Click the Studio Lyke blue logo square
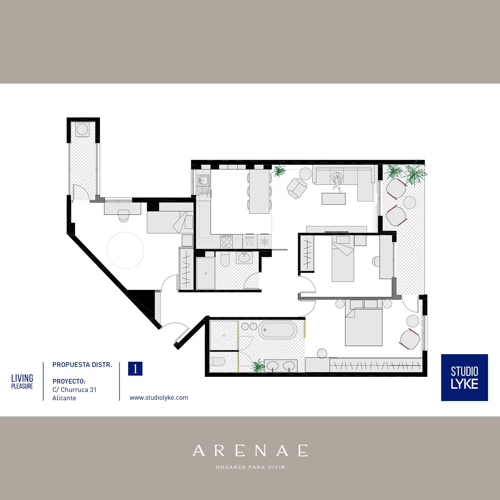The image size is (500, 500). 464,377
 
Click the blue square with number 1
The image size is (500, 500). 135,369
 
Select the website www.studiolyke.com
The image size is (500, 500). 159,398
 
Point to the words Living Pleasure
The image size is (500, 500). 22,382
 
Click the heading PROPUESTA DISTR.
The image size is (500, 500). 82,365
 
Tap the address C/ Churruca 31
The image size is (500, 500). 74,390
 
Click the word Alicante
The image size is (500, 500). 64,398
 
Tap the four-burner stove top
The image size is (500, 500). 226,241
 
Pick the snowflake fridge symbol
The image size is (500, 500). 264,241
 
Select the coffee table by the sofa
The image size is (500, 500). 334,199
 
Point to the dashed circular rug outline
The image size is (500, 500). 126,250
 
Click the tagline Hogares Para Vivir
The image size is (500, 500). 250,467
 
